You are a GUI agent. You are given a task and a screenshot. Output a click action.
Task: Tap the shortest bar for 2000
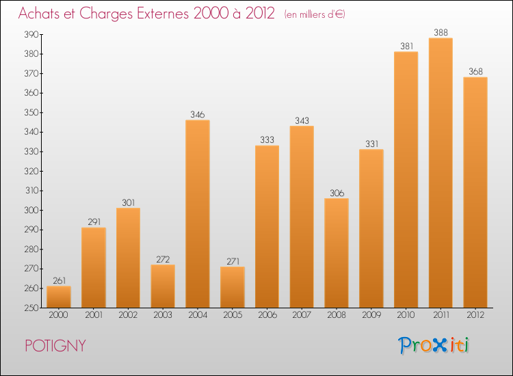pyautogui.click(x=59, y=297)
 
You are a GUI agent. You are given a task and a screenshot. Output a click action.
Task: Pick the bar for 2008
pyautogui.click(x=337, y=253)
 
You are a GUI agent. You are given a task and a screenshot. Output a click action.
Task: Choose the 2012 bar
pyautogui.click(x=475, y=192)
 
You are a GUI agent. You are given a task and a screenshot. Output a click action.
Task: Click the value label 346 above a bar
pyautogui.click(x=198, y=115)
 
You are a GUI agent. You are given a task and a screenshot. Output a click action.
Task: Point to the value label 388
pyautogui.click(x=440, y=32)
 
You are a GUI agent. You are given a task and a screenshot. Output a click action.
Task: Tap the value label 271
pyautogui.click(x=233, y=261)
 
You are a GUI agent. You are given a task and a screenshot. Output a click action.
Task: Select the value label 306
pyautogui.click(x=337, y=193)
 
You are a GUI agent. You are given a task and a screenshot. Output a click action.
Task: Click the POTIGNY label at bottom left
pyautogui.click(x=55, y=346)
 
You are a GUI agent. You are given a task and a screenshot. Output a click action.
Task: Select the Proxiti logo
pyautogui.click(x=434, y=345)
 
